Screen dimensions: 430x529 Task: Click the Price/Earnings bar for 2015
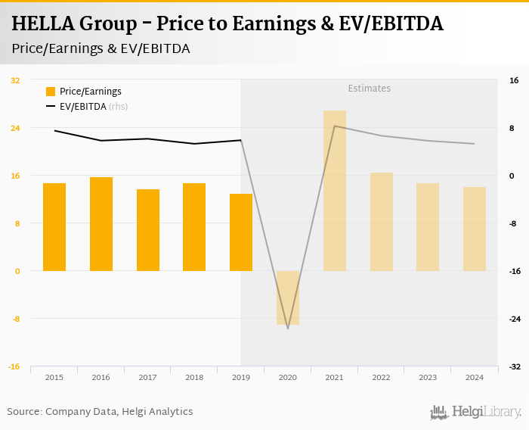[54, 227]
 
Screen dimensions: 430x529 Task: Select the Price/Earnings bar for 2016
[101, 224]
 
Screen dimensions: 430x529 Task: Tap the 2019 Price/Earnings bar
[241, 232]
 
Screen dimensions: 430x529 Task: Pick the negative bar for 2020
[288, 298]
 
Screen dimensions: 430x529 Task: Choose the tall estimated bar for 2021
[335, 191]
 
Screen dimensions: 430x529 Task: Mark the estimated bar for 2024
[475, 229]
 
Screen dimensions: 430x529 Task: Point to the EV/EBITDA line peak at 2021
[335, 126]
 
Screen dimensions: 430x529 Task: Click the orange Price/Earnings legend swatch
[51, 92]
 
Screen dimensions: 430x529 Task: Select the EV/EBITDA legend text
[83, 107]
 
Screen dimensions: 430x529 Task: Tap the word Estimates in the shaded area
[370, 89]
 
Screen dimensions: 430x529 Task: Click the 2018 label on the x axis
[194, 377]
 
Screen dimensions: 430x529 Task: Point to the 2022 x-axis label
[381, 377]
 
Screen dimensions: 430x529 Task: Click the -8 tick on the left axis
[16, 319]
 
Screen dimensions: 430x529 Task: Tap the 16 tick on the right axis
[513, 80]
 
